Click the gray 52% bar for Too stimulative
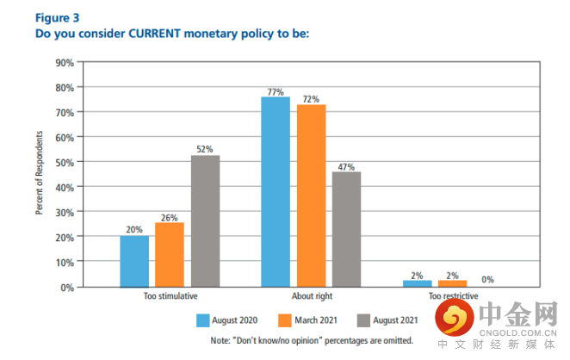tap(205, 220)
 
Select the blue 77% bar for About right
tap(276, 191)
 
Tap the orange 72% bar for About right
tap(310, 196)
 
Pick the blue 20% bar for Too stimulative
tap(134, 260)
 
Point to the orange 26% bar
tap(169, 254)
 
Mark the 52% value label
tap(205, 148)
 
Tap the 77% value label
tap(276, 90)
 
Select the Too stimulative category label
tap(169, 296)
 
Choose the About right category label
tap(310, 296)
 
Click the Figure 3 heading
tap(56, 16)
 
